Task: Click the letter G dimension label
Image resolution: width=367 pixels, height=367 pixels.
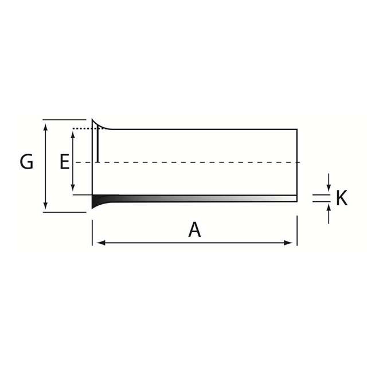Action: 26,162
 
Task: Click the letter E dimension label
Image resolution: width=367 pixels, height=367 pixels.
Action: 65,162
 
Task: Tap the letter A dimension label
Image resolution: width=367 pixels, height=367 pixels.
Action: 194,229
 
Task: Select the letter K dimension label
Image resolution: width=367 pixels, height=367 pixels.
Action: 342,198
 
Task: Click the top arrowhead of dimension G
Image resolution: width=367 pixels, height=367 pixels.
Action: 46,127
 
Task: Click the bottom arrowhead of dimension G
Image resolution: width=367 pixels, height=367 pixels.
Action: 46,205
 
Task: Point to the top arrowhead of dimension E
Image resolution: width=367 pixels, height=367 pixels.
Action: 73,135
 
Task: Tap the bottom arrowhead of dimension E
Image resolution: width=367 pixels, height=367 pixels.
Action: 73,188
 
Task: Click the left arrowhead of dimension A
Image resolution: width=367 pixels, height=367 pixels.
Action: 101,243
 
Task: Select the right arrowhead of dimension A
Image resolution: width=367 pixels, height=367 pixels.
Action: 288,243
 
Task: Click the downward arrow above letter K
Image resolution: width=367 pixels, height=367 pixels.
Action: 329,182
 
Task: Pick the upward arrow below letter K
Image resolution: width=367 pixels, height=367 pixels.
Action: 329,214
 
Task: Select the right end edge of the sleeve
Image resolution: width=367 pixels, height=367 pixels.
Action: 297,165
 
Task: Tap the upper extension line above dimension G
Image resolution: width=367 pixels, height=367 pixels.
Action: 64,120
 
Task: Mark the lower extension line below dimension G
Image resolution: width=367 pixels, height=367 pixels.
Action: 64,212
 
